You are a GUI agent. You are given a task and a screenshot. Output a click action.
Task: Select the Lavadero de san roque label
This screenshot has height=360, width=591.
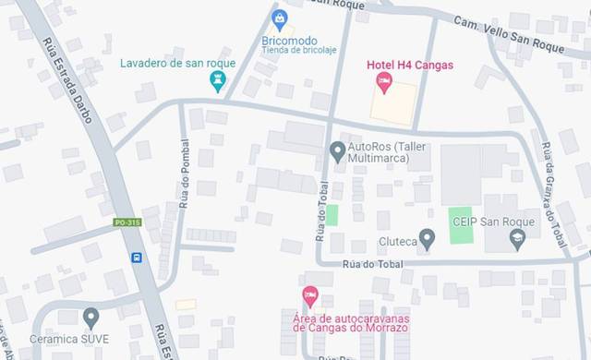pyautogui.click(x=178, y=64)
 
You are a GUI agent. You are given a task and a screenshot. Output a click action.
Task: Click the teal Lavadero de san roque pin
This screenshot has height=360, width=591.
pyautogui.click(x=218, y=82)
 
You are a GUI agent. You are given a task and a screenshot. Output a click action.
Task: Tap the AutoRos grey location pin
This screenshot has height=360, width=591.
pyautogui.click(x=337, y=150)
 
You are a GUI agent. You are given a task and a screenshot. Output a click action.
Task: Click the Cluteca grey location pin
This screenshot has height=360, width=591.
pyautogui.click(x=427, y=239)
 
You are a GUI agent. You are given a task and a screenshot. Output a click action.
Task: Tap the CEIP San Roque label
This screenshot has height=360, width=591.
pyautogui.click(x=489, y=222)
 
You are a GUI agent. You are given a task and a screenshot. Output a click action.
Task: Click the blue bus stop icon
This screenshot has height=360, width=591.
pyautogui.click(x=137, y=258)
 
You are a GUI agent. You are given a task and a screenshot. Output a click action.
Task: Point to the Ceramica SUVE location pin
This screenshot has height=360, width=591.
pyautogui.click(x=90, y=318)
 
